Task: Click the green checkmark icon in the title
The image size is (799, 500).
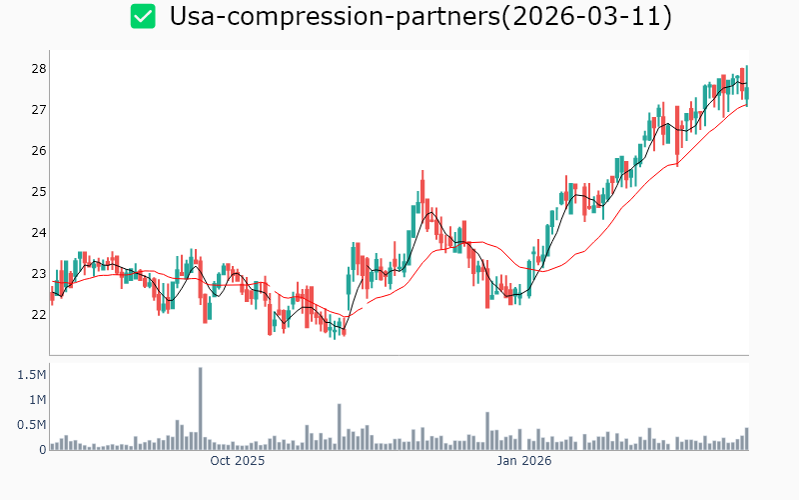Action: tap(144, 16)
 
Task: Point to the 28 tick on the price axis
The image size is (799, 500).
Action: tap(39, 68)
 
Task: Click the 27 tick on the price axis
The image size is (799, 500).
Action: tap(39, 109)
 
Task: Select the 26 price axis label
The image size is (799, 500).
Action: tap(39, 150)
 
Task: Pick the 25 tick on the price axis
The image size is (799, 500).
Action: tap(39, 191)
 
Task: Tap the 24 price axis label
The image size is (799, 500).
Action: tap(39, 232)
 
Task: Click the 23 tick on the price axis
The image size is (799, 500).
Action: tap(39, 273)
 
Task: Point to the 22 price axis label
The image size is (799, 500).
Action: tap(39, 314)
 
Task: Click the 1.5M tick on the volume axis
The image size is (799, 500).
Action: tap(32, 374)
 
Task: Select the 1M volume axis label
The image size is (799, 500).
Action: tap(37, 399)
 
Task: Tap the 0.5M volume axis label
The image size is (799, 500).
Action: tap(32, 424)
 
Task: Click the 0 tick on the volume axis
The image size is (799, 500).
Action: tap(43, 449)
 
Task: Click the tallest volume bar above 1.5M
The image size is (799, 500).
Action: tap(201, 408)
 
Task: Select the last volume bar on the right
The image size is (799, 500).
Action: tap(746, 439)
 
